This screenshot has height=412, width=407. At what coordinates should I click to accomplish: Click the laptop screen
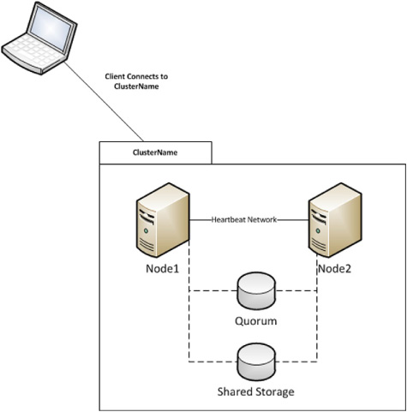[x=51, y=28]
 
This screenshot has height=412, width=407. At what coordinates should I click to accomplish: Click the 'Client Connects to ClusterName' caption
[x=136, y=81]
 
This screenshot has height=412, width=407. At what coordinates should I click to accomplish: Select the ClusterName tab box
[x=155, y=152]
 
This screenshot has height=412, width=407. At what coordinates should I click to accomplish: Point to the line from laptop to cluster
[x=104, y=101]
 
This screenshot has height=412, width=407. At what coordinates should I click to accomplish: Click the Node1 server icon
[x=163, y=220]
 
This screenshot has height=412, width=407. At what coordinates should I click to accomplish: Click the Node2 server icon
[x=335, y=220]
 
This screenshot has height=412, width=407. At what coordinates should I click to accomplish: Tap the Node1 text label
[x=162, y=269]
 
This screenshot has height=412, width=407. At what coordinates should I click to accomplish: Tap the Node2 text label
[x=334, y=269]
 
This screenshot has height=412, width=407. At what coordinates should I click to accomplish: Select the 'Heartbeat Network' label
[x=244, y=219]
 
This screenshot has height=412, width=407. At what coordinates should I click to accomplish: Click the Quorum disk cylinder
[x=256, y=290]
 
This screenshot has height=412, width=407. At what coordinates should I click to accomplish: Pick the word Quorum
[x=256, y=321]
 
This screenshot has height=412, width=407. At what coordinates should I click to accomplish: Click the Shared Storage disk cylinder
[x=256, y=361]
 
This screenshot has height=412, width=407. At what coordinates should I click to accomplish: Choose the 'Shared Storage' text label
[x=256, y=391]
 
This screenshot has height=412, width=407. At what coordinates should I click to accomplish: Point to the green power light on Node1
[x=147, y=230]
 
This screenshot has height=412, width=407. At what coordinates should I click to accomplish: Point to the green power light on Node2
[x=318, y=230]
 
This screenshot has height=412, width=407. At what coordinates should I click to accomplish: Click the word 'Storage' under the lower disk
[x=274, y=392]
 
